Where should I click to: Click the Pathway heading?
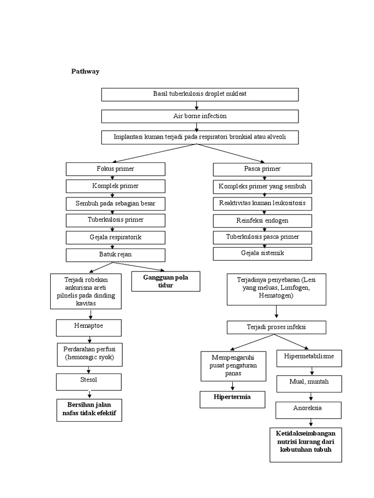[85, 71]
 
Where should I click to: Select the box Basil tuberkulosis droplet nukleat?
[200, 94]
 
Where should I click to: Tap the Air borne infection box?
[200, 116]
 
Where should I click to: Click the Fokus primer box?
[115, 169]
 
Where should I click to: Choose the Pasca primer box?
[262, 169]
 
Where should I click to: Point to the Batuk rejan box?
[115, 255]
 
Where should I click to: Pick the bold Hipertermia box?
[232, 399]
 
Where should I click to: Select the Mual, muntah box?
[309, 383]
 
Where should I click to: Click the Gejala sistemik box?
[262, 253]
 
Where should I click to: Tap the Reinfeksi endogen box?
[262, 221]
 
